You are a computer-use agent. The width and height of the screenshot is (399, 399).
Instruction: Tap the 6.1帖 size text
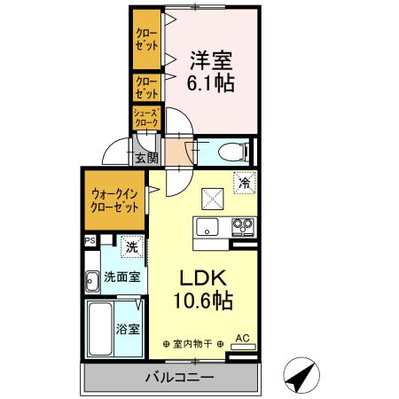pos(210,85)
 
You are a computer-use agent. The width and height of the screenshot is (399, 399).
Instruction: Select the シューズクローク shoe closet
pos(145,117)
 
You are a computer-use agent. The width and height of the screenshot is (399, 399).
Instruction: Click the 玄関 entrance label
pos(147,158)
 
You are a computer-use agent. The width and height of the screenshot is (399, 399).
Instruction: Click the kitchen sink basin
pos(207,227)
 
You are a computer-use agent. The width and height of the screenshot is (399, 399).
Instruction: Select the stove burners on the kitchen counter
pos(242,227)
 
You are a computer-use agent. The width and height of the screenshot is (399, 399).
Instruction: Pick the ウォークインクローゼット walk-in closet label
pos(114,200)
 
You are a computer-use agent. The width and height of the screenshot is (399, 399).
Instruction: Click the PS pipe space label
pos(90,240)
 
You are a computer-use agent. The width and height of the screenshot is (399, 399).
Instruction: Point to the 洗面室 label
pos(121,277)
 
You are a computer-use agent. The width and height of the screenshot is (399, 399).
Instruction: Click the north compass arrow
pos(305,374)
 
